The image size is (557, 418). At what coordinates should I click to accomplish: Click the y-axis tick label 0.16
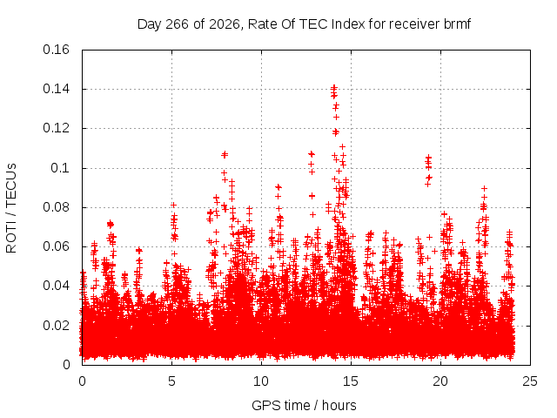click(56, 50)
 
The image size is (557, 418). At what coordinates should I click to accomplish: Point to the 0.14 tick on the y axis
click(56, 89)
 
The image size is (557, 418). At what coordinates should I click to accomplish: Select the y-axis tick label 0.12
click(56, 128)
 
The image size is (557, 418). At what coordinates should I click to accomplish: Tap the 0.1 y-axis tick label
click(60, 168)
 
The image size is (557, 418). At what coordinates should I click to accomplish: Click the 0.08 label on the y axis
click(56, 207)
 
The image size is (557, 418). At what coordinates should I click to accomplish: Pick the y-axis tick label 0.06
click(56, 246)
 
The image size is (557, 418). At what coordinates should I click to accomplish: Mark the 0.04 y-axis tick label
click(56, 286)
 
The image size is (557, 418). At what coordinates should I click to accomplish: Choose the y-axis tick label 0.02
click(56, 325)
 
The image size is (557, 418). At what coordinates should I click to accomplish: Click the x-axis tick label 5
click(172, 381)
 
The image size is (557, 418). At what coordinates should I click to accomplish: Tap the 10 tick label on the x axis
click(261, 381)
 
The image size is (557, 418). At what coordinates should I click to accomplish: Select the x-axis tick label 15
click(351, 381)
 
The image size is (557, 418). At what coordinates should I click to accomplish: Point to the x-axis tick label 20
click(440, 381)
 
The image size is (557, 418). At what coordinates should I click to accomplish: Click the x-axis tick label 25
click(530, 381)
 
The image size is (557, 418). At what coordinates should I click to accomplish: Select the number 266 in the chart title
click(178, 24)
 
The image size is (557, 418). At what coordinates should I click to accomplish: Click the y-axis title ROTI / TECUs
click(11, 208)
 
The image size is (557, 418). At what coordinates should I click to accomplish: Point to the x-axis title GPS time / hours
click(304, 406)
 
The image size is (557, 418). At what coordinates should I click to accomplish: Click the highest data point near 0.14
click(334, 87)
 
